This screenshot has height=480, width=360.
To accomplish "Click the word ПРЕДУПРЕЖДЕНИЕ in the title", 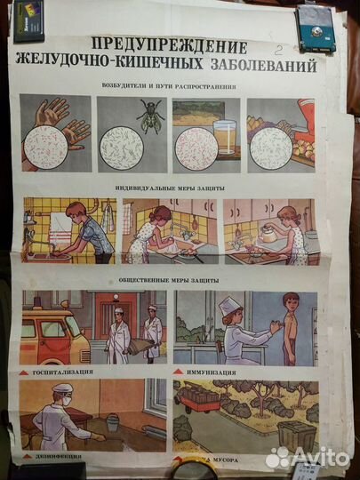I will (x=170, y=44).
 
